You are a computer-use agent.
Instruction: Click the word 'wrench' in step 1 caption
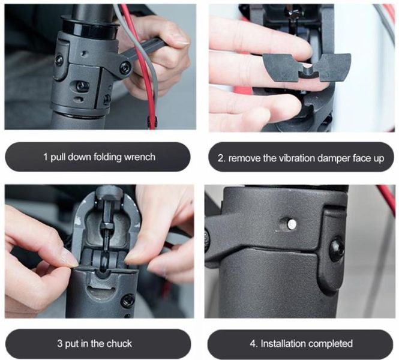[x=139, y=157]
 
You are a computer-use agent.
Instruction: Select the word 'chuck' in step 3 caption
[x=119, y=344]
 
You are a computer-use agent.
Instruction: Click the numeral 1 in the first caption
[x=45, y=157]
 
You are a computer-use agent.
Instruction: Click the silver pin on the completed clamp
[x=291, y=224]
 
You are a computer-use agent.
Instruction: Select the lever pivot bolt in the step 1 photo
[x=125, y=68]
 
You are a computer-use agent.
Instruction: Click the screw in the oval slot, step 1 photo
[x=82, y=86]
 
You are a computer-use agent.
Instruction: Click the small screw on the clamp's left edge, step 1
[x=59, y=59]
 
